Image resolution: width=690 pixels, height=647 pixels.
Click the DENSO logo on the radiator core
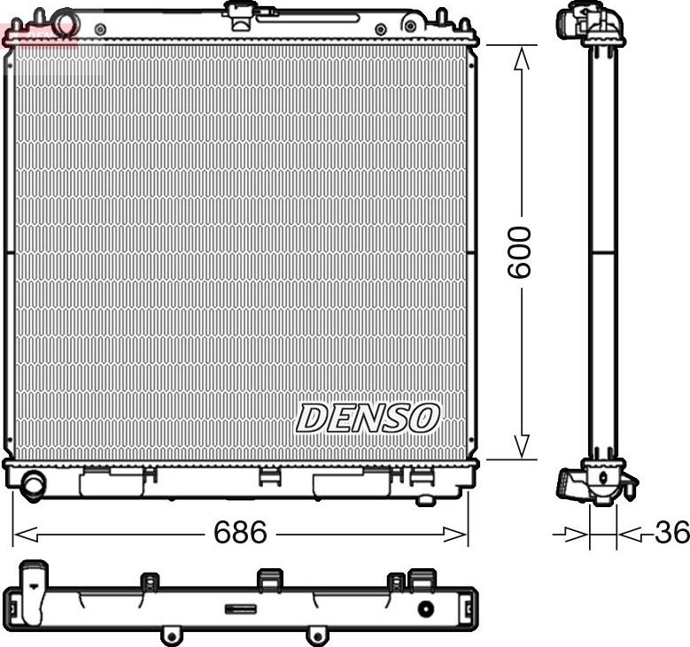point(368,418)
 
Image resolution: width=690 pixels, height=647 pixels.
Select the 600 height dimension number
point(519,252)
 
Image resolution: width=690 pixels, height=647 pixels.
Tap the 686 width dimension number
point(240,533)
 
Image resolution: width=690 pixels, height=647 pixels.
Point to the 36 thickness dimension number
point(671,533)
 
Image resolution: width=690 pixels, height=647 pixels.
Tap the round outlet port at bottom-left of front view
point(35,484)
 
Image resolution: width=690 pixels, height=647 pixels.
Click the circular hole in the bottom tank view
point(425,609)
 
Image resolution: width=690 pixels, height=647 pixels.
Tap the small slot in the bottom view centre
point(240,608)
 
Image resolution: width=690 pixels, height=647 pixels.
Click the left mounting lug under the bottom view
point(170,635)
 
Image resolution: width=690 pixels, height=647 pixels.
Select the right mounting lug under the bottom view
point(314,635)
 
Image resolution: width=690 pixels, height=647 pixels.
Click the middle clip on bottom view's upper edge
point(269,580)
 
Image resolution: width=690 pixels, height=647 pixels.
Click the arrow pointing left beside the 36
point(631,534)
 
